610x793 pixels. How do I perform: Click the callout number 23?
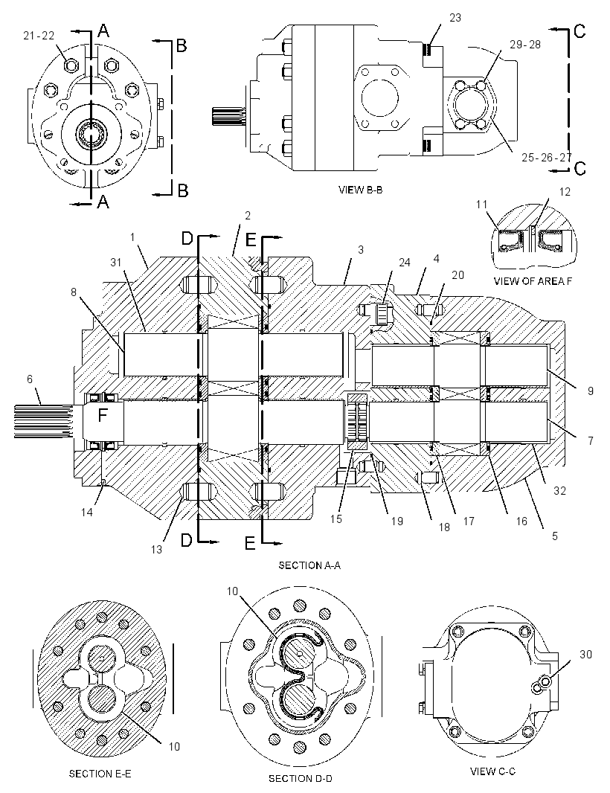pos(455,18)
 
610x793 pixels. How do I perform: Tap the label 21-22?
pos(39,35)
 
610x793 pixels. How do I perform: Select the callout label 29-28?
pos(525,45)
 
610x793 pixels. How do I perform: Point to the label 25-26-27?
pos(546,157)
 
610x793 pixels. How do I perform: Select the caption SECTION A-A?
pos(309,565)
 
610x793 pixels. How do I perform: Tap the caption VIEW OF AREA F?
pos(533,281)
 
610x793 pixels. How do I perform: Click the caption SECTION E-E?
pos(100,774)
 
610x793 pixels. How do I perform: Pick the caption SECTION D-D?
pos(301,778)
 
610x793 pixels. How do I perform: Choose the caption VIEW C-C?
pos(492,771)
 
